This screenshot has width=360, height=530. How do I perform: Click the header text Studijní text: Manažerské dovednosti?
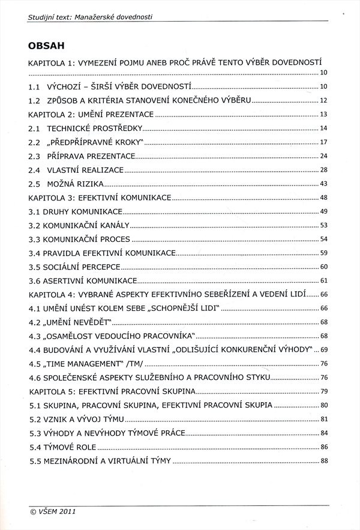tap(89, 17)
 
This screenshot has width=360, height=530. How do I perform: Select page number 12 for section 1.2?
tap(323, 101)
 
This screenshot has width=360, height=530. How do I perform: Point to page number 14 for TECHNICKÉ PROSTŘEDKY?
tap(323, 128)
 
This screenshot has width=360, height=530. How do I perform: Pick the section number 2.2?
tap(34, 142)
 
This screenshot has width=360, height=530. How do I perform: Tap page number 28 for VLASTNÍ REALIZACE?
tap(323, 170)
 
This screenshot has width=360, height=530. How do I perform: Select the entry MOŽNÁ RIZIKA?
tap(76, 184)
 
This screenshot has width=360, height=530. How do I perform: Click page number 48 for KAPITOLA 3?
tap(323, 197)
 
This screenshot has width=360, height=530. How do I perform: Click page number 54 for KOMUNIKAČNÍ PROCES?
tap(323, 239)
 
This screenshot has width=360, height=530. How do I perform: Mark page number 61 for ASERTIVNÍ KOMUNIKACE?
tap(323, 280)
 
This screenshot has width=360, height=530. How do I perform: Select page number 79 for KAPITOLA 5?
tap(323, 391)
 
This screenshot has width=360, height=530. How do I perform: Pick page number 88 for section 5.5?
tap(323, 461)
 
